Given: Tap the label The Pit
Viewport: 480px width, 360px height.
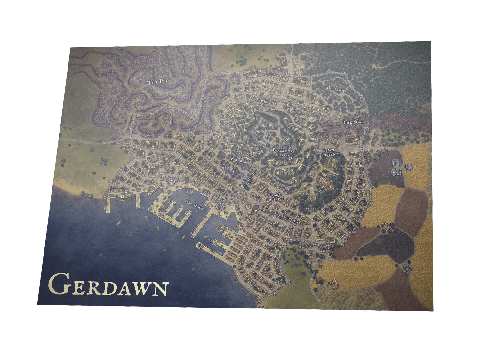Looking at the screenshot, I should click(x=157, y=82).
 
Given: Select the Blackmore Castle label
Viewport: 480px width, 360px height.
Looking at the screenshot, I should click(x=283, y=152).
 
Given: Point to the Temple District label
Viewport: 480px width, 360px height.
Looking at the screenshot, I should click(x=330, y=152).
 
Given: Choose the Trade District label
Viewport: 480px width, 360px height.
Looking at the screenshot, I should click(x=275, y=197).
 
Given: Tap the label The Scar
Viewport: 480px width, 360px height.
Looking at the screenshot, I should click(x=353, y=122).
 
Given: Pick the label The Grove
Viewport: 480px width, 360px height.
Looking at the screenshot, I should click(x=336, y=89).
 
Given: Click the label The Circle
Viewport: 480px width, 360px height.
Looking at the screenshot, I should click(x=266, y=101).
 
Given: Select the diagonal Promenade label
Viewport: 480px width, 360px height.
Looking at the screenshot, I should click(x=248, y=179).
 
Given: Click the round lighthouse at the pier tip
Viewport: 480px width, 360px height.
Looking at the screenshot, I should click(x=200, y=245).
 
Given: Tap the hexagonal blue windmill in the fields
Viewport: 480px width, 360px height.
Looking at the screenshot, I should click(x=409, y=166).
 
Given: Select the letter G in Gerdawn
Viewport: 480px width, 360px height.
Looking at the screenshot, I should click(x=60, y=284).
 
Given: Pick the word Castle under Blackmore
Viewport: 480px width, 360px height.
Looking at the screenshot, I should click(x=283, y=155).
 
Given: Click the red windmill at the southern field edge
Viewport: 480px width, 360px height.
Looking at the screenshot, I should click(x=320, y=281).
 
